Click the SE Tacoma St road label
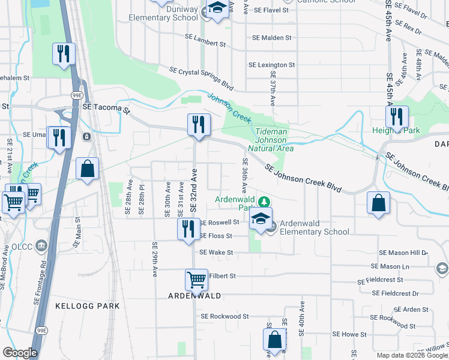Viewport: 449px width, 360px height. pos(106,109)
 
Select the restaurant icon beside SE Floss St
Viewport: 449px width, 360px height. pos(188,229)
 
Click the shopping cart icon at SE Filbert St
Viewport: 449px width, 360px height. pos(196,280)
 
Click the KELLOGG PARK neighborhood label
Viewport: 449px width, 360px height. pos(88,306)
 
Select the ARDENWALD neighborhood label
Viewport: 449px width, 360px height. pos(195,296)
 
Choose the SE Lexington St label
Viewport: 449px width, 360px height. pos(272,65)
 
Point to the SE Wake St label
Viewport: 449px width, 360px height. pos(216,253)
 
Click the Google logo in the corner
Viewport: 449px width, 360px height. pos(20,353)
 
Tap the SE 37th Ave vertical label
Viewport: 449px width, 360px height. pos(273,89)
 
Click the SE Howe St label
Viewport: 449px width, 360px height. pos(349,334)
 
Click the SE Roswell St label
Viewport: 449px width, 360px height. pos(219,221)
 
